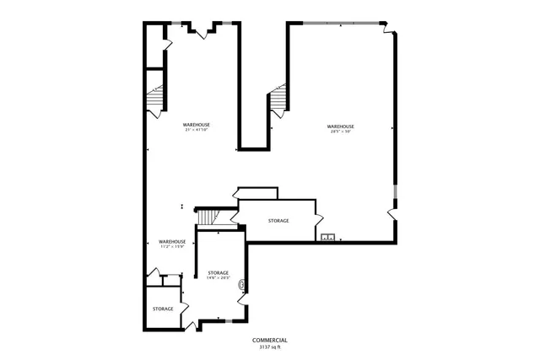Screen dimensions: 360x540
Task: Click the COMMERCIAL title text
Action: (x=269, y=339)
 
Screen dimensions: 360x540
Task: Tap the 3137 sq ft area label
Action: (x=269, y=346)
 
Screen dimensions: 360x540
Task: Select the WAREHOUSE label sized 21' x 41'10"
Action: (x=196, y=125)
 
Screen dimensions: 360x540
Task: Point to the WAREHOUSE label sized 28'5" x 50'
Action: (x=340, y=126)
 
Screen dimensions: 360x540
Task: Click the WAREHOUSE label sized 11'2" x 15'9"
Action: (x=171, y=242)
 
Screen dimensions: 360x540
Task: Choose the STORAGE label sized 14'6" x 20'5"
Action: (x=219, y=273)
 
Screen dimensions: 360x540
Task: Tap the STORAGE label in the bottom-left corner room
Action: (x=163, y=309)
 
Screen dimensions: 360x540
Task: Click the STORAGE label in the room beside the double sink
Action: (x=278, y=220)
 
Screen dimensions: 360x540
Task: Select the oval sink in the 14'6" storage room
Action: (x=243, y=285)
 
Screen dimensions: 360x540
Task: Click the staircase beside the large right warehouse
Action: (x=280, y=100)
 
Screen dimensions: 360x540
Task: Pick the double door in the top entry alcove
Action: (x=203, y=30)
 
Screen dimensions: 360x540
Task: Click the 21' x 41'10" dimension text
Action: (x=196, y=130)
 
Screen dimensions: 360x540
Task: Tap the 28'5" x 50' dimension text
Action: (x=340, y=132)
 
